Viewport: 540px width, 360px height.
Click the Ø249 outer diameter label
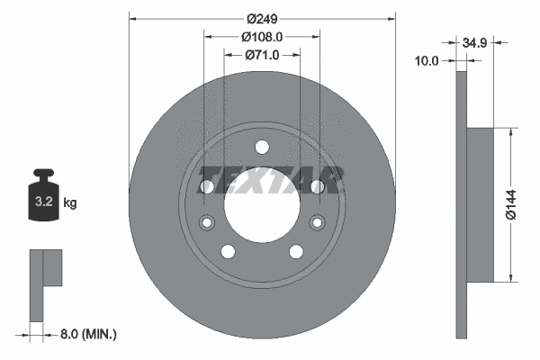262,18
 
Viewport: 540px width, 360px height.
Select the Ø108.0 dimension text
262,37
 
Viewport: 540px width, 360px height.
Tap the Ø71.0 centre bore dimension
262,55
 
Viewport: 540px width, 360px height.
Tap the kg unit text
70,203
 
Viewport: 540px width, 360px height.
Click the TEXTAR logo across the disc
271,180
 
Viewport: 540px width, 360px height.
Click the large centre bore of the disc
262,203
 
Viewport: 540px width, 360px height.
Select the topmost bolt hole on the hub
262,147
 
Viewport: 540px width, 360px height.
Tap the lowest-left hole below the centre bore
228,250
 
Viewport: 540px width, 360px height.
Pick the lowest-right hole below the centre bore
296,250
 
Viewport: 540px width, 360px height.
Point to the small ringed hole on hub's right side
316,222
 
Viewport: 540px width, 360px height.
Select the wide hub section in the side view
481,203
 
